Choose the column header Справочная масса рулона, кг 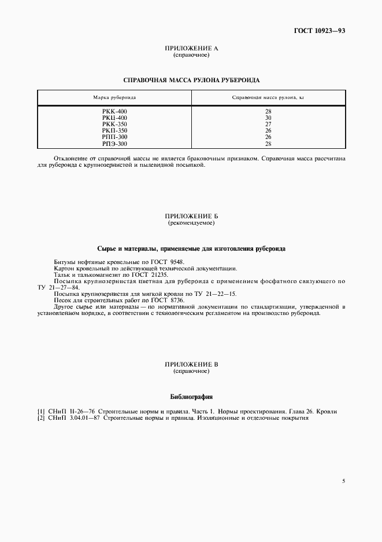click(x=268, y=97)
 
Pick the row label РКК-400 click(x=114, y=111)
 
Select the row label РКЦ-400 click(x=114, y=118)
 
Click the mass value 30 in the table click(x=268, y=118)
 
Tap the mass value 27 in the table click(x=268, y=124)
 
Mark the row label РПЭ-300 click(x=114, y=144)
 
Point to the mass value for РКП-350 click(x=268, y=130)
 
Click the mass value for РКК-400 click(x=268, y=111)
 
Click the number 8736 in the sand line click(x=176, y=301)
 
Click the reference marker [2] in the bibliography click(x=41, y=418)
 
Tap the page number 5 click(x=343, y=480)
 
